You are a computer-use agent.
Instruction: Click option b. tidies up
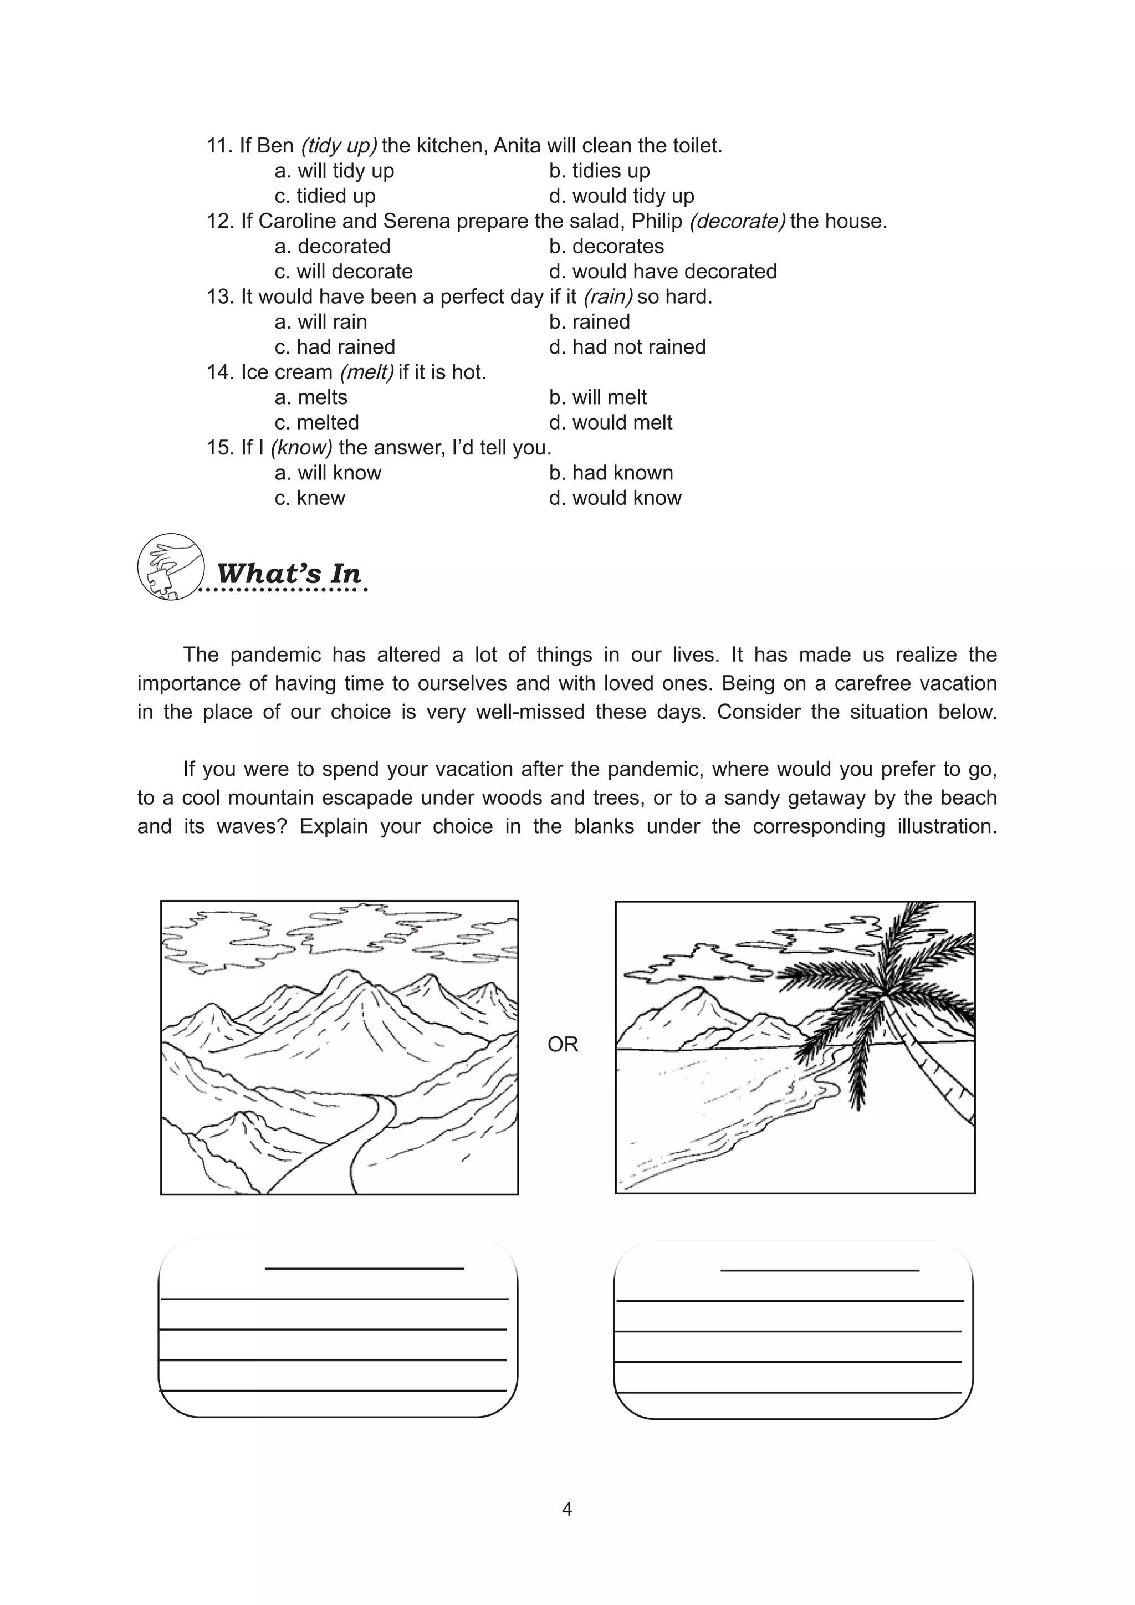pos(599,171)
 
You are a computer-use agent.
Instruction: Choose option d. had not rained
pos(627,347)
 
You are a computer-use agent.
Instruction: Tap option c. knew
pos(310,498)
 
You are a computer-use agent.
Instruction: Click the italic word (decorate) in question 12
pos(737,221)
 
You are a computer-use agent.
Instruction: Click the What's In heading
pos(289,574)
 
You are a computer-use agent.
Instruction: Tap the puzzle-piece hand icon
pos(171,567)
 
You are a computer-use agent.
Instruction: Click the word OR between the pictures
pos(563,1044)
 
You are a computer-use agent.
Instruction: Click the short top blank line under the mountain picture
pos(364,1268)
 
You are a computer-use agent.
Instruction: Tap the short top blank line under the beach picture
pos(819,1270)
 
